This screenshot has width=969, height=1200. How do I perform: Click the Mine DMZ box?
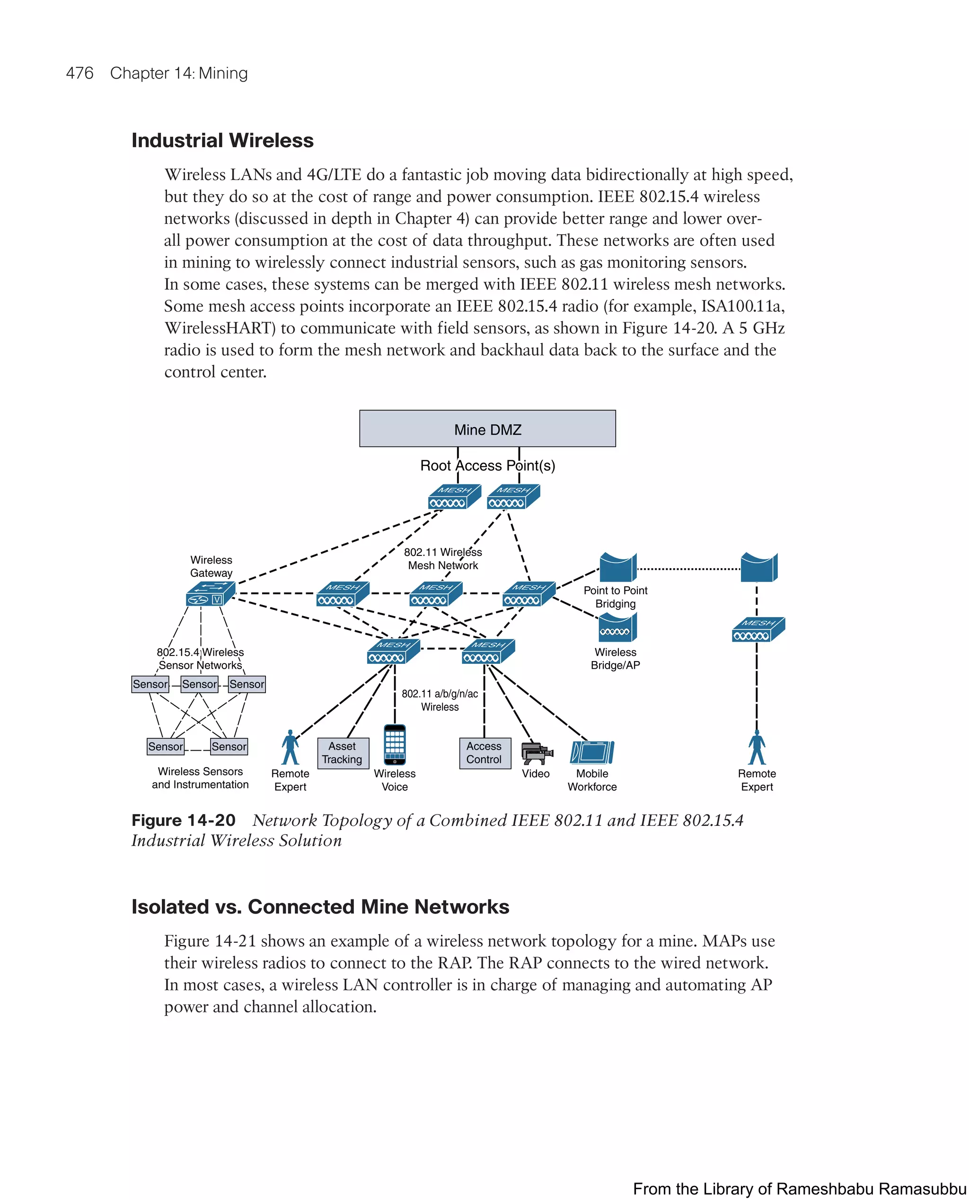(487, 429)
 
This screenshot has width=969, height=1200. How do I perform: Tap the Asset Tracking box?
(343, 752)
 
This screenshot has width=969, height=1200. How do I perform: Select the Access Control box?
(484, 752)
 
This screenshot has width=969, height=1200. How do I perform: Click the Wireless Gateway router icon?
(210, 594)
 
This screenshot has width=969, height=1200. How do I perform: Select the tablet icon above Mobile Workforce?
(592, 752)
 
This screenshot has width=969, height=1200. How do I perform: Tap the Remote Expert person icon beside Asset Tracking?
(290, 747)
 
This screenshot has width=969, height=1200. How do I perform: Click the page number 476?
(79, 73)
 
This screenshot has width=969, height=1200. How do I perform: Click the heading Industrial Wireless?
(222, 140)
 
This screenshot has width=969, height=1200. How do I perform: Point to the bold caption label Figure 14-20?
(183, 820)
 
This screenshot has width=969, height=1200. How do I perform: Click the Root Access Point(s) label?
(487, 466)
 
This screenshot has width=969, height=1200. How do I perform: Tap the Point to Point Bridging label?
(615, 597)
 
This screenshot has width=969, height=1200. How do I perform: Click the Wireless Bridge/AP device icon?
(617, 628)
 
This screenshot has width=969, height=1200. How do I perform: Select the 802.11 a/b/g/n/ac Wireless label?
(440, 700)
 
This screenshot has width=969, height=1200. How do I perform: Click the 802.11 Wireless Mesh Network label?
(443, 559)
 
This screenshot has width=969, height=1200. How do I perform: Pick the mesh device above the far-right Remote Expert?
(758, 630)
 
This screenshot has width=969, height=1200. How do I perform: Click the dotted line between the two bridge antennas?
(688, 569)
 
